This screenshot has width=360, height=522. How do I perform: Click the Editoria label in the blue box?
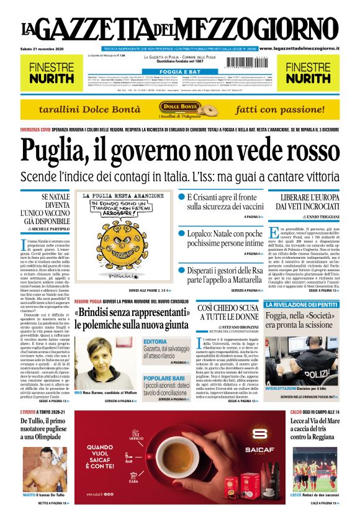[x=155, y=341]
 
